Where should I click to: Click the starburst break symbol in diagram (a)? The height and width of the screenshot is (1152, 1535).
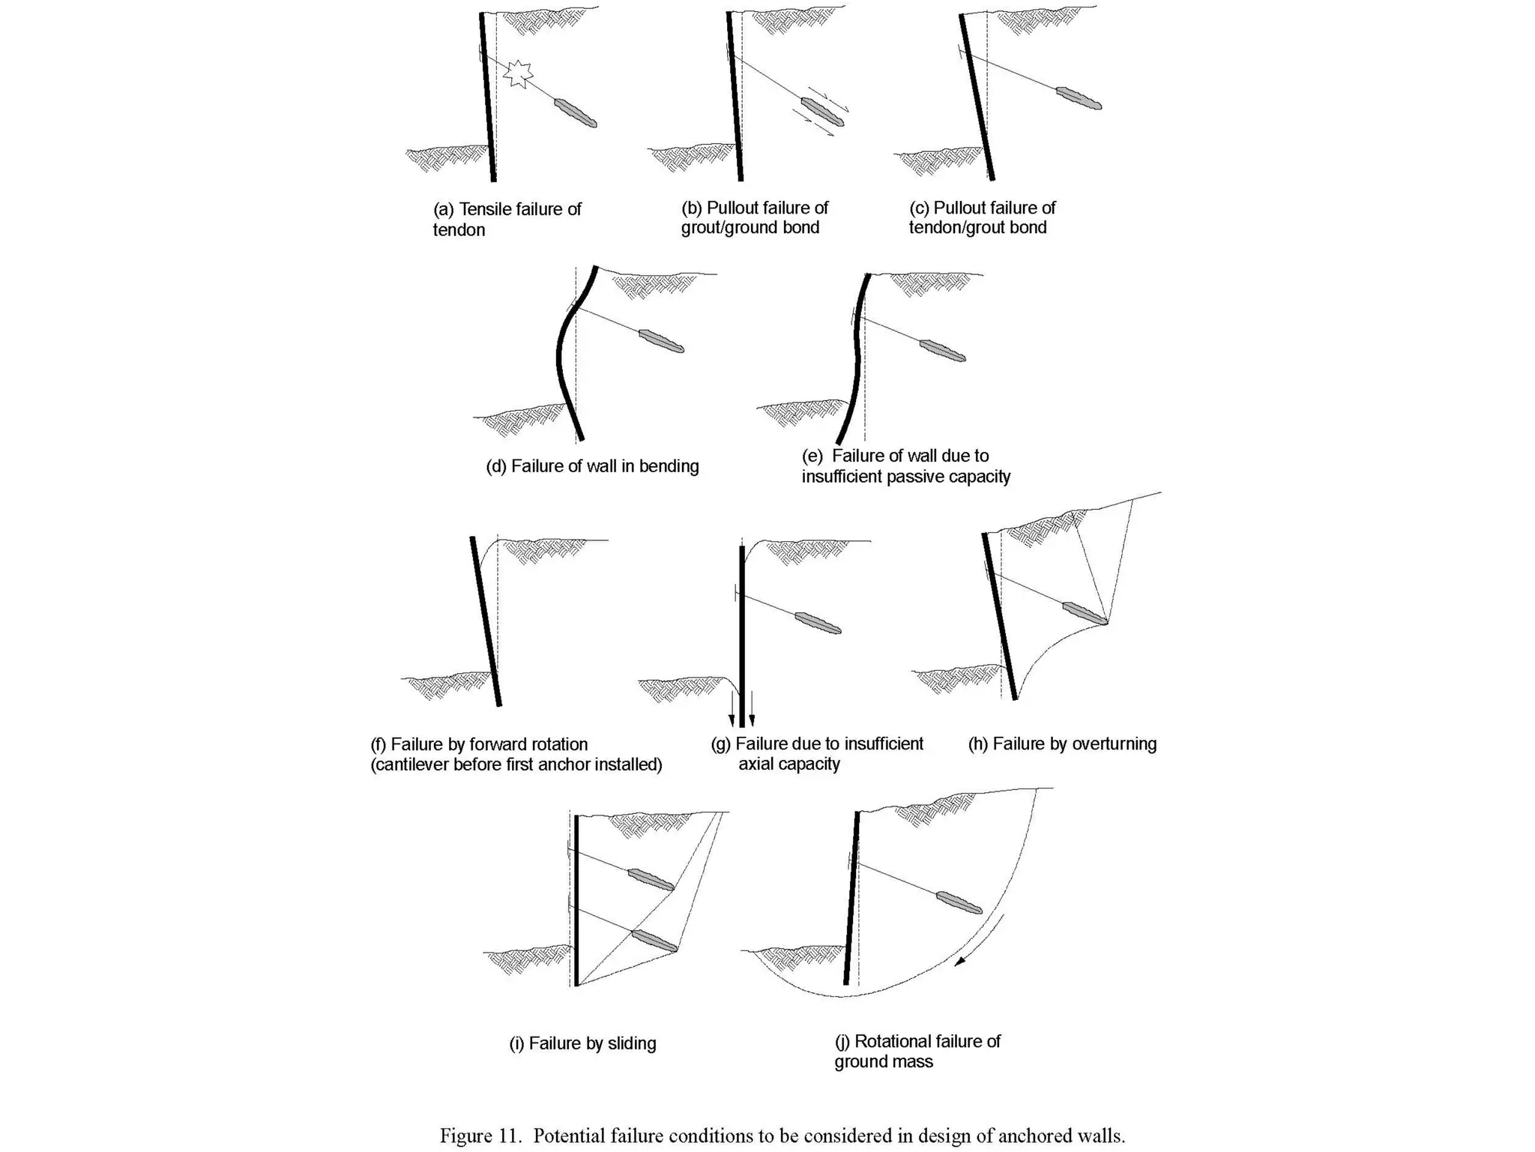click(x=518, y=73)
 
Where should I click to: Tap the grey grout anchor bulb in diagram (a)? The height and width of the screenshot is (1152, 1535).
click(x=576, y=112)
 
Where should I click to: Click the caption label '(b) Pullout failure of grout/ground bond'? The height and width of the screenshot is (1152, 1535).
click(x=754, y=217)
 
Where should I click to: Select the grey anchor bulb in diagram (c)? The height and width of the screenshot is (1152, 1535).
click(x=1079, y=98)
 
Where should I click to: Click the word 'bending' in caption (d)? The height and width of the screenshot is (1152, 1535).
click(x=669, y=466)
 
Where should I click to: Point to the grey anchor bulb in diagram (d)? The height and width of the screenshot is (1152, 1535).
click(x=661, y=341)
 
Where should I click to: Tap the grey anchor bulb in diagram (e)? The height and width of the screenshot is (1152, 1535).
click(x=942, y=351)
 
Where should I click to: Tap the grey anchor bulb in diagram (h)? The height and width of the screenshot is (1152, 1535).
click(x=1085, y=613)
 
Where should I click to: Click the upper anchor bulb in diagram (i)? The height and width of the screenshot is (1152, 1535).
click(x=650, y=879)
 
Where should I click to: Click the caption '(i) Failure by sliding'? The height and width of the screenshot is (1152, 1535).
click(x=582, y=1043)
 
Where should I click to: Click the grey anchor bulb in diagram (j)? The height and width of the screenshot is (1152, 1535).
click(x=959, y=902)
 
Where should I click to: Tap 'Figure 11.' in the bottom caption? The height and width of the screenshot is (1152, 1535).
click(x=480, y=1136)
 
